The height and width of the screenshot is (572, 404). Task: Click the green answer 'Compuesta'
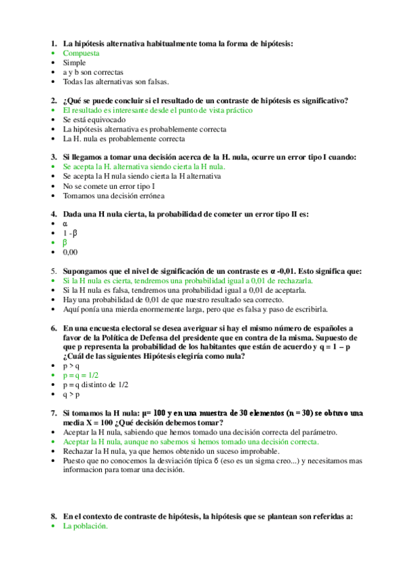(81, 53)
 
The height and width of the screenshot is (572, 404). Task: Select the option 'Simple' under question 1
(74, 63)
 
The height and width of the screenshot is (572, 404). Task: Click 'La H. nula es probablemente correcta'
(124, 138)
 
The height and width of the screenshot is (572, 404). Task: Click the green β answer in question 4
(65, 242)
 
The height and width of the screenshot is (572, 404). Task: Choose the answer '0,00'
(70, 252)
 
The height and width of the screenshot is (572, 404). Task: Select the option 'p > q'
(71, 366)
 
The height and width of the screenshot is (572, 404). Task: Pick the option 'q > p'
(71, 395)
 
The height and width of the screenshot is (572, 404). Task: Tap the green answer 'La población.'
(85, 527)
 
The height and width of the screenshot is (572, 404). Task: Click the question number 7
(53, 413)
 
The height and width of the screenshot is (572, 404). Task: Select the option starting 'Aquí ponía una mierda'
(196, 309)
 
